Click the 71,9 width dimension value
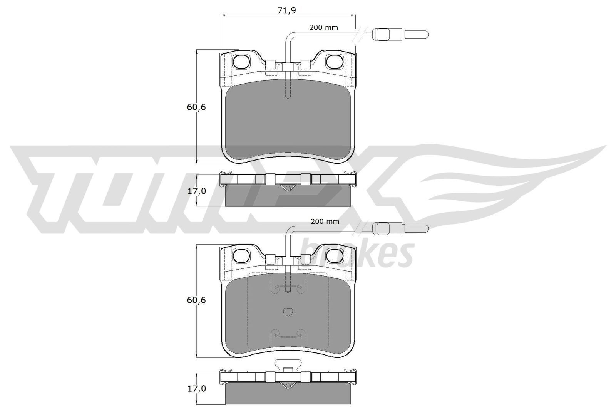pos(286,11)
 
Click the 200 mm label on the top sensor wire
pos(324,27)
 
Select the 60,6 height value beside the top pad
pos(196,107)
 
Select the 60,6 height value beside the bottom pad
pos(196,300)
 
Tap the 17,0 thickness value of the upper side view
pos(196,191)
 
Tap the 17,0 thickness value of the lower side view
pos(196,389)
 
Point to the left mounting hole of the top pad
pos(242,60)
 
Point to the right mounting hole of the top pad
pos(334,60)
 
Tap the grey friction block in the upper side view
pos(288,196)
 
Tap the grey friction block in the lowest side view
pos(288,394)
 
